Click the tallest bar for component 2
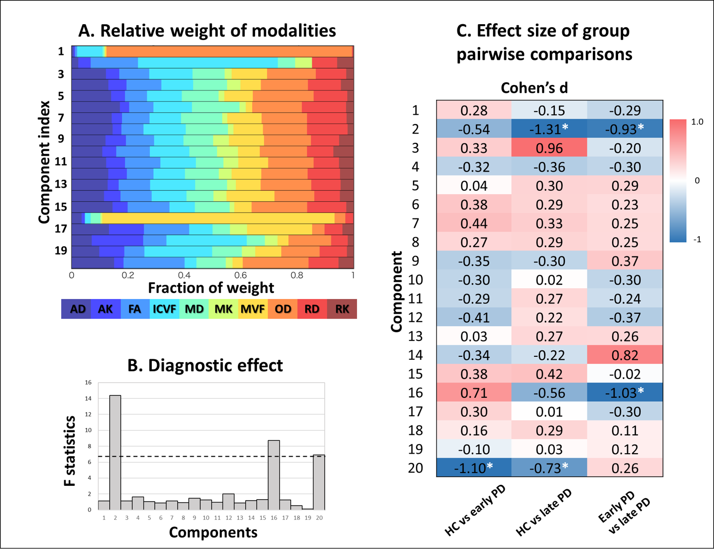coord(115,452)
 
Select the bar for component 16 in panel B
coord(274,475)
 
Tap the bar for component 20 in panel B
coord(319,482)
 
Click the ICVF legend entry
coord(164,309)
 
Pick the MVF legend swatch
coord(253,309)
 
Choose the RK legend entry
coord(342,309)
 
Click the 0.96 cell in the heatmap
coord(549,148)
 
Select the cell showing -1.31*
coord(549,129)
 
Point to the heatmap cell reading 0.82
coord(625,355)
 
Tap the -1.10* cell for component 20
coord(474,468)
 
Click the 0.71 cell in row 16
coord(474,393)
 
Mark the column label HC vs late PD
coord(543,514)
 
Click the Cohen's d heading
coord(534,88)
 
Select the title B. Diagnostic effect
coord(205,365)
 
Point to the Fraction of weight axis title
coord(211,288)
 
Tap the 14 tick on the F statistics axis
coord(88,398)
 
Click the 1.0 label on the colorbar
coord(697,122)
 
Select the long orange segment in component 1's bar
coord(229,51)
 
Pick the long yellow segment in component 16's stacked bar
coord(218,218)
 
